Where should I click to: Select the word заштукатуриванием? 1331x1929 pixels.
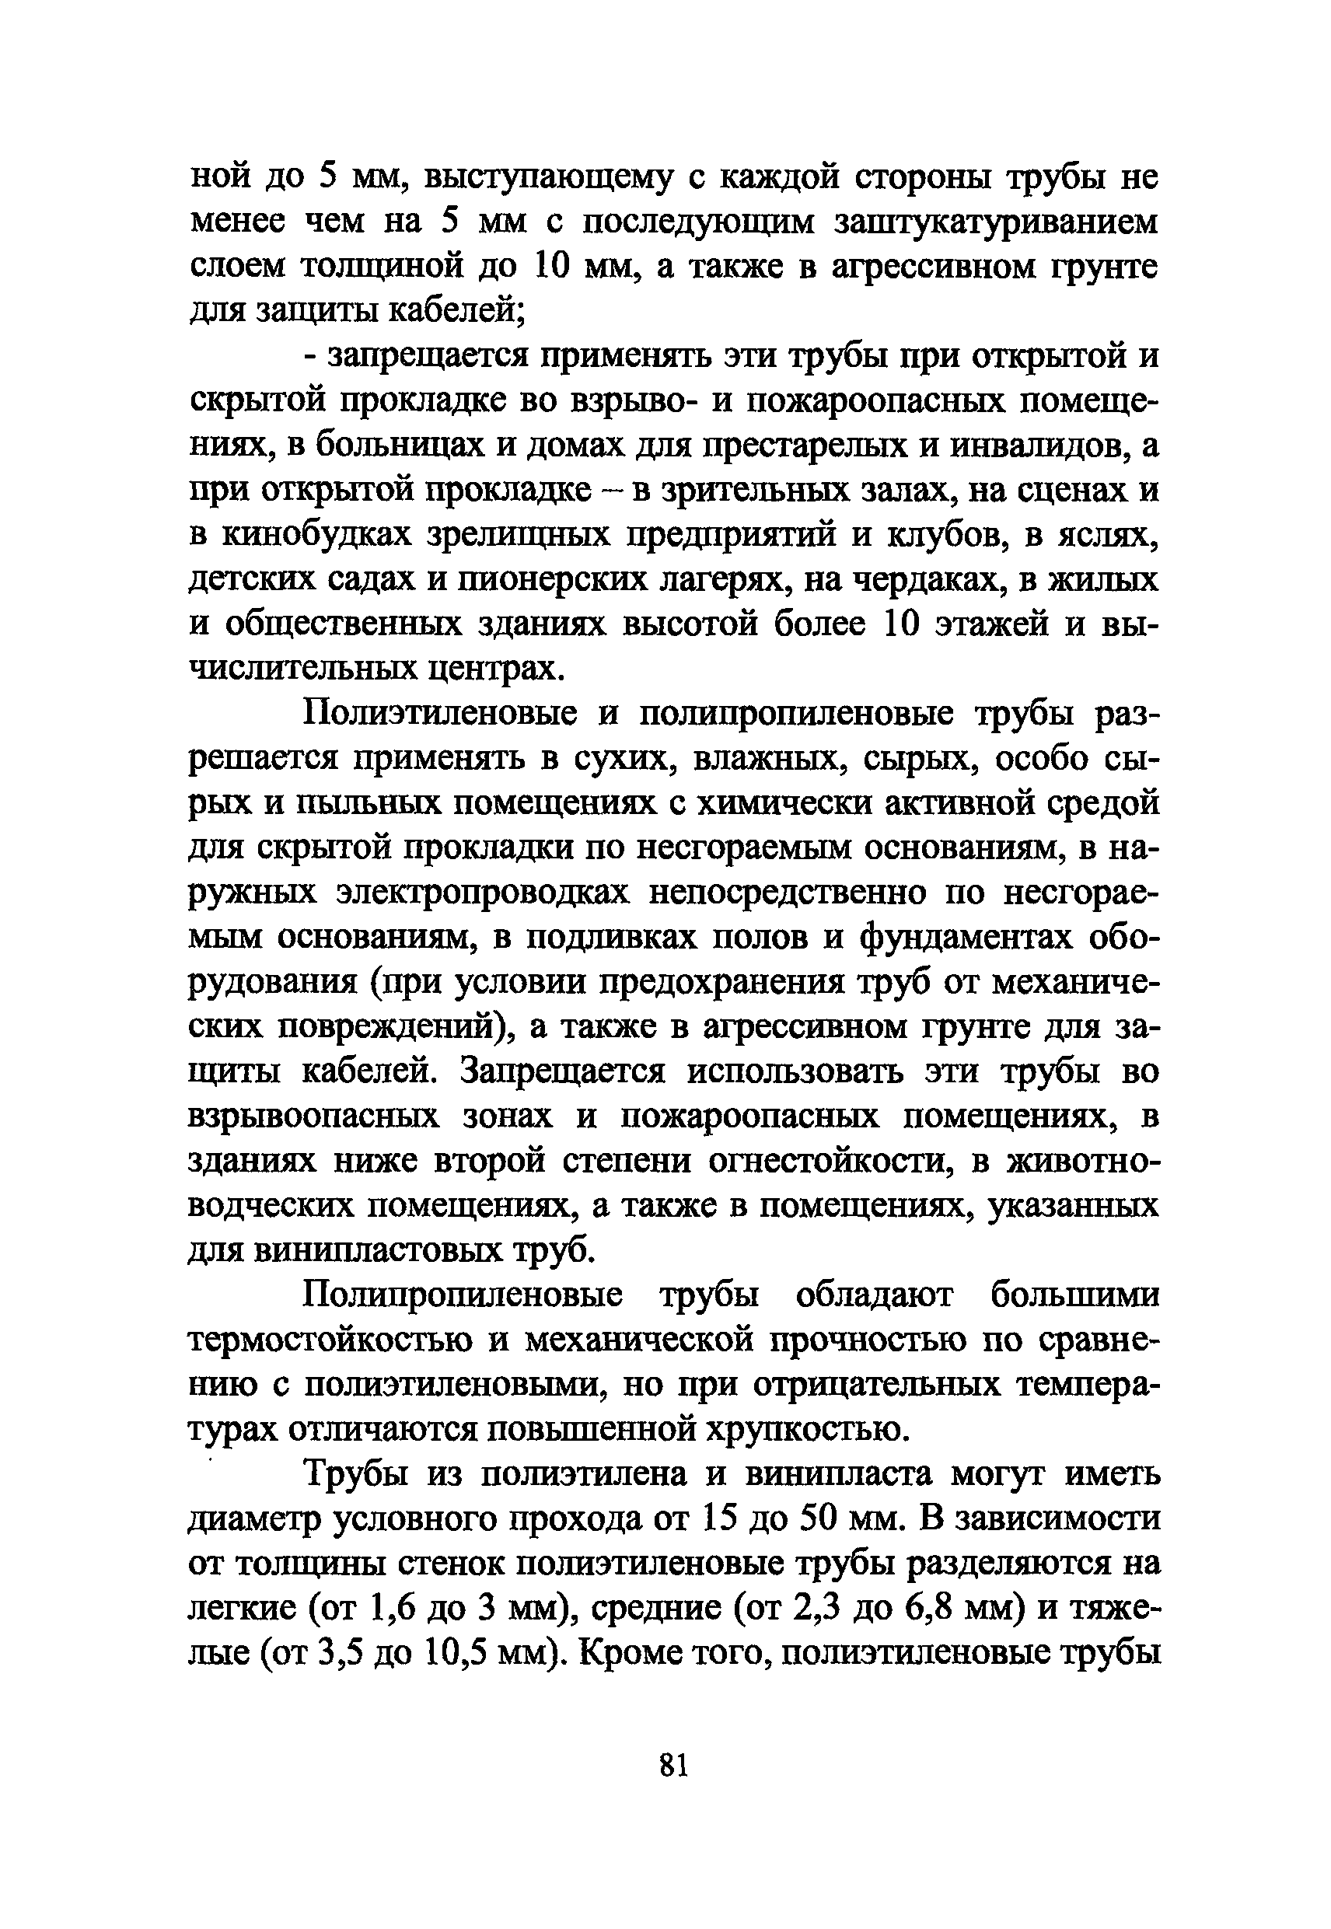click(x=997, y=222)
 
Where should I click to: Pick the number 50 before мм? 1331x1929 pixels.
click(x=819, y=1518)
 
